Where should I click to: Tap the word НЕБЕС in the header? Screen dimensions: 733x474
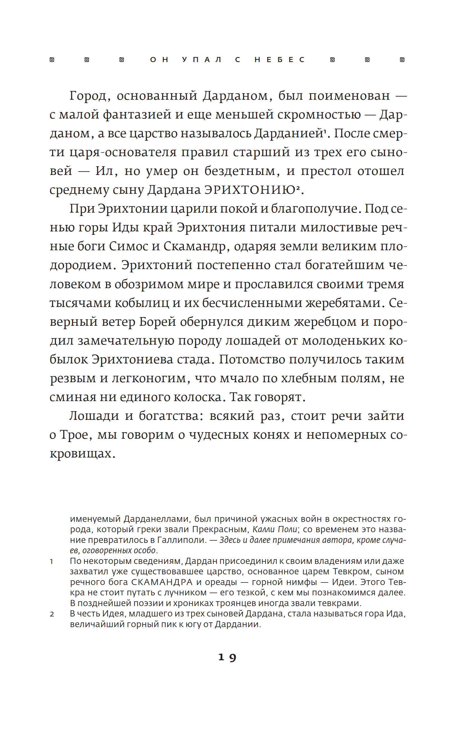280,60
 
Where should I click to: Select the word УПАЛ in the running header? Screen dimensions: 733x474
201,60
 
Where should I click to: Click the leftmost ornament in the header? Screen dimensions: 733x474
52,60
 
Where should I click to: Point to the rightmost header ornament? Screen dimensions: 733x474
402,60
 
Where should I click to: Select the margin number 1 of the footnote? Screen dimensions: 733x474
52,562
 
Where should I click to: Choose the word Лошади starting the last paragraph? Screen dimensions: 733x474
94,416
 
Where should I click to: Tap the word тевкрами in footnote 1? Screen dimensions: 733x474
340,603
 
